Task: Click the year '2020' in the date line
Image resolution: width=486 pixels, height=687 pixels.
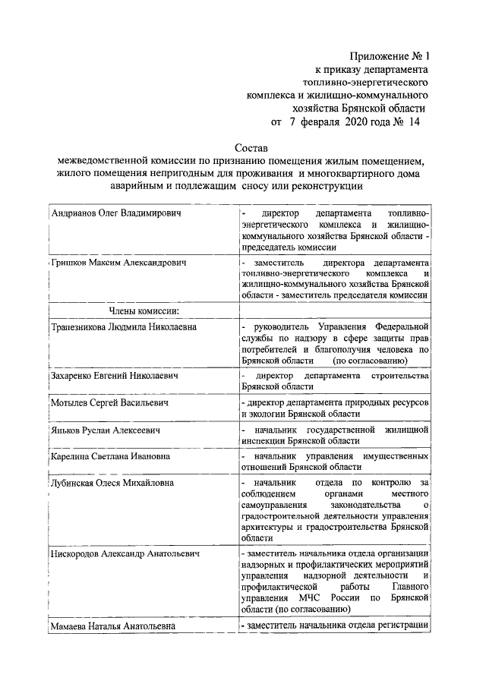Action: point(361,121)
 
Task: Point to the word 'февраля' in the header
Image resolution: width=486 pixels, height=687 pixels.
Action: point(320,121)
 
